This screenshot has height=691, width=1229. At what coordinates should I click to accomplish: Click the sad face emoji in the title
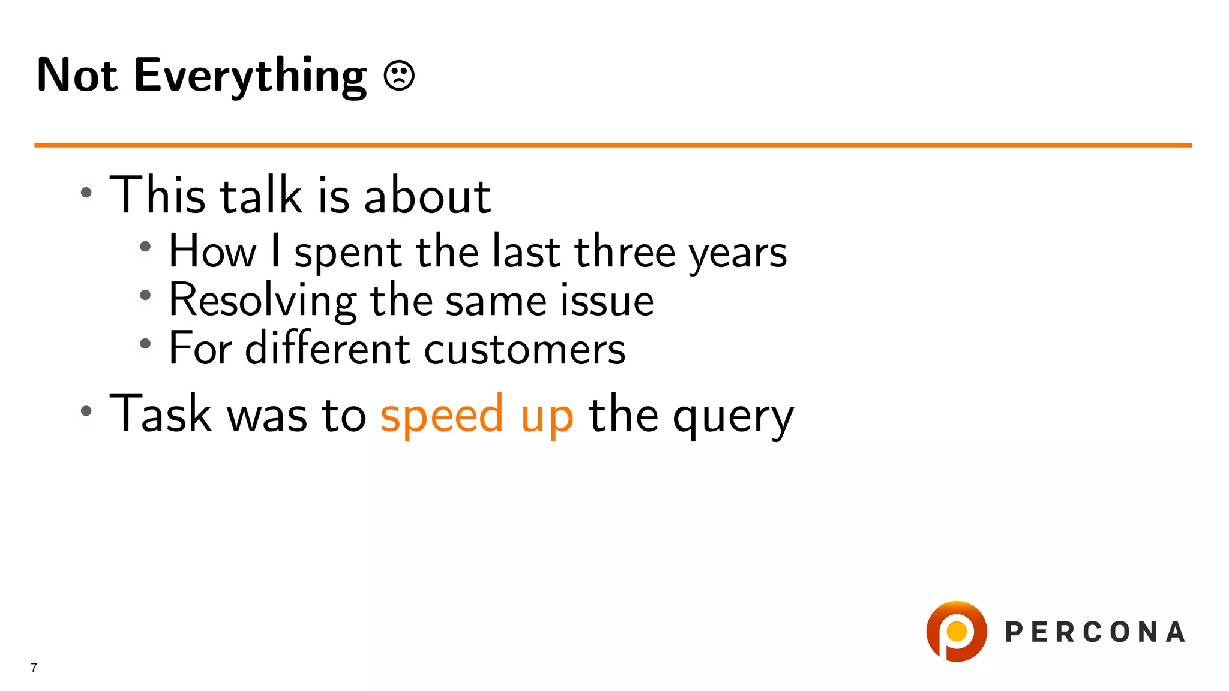pyautogui.click(x=399, y=76)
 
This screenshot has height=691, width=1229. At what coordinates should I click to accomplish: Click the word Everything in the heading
pyautogui.click(x=250, y=76)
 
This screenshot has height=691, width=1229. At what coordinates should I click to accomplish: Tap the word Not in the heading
pyautogui.click(x=77, y=75)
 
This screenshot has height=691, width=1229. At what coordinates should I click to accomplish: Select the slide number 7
pyautogui.click(x=34, y=668)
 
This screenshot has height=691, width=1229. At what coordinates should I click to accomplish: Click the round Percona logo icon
pyautogui.click(x=956, y=632)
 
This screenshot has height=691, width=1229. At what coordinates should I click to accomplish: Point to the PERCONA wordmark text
pyautogui.click(x=1095, y=632)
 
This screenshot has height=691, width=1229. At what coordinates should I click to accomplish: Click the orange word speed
pyautogui.click(x=442, y=415)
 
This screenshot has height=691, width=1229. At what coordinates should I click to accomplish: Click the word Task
pyautogui.click(x=160, y=413)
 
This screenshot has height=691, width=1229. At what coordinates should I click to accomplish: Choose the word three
pyautogui.click(x=625, y=251)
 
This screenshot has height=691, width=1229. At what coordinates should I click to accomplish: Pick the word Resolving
pyautogui.click(x=262, y=301)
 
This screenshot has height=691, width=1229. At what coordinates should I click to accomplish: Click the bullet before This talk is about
pyautogui.click(x=86, y=193)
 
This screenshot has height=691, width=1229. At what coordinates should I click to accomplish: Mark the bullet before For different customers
pyautogui.click(x=145, y=344)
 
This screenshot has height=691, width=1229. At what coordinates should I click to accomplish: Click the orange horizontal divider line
pyautogui.click(x=612, y=145)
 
